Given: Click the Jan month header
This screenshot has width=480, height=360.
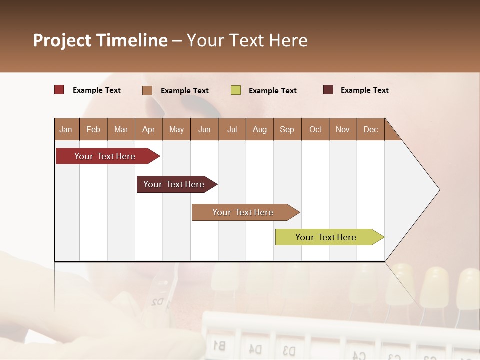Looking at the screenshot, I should (66, 129).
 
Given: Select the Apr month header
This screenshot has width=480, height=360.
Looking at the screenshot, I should (148, 129).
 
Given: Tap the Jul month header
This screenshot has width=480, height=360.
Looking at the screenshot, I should (232, 129).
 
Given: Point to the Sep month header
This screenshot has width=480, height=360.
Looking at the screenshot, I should (287, 129).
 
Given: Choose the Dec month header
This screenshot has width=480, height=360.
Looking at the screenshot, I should (370, 129).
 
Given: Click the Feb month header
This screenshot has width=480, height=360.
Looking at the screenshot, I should (93, 129).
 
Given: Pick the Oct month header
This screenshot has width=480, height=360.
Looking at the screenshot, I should (315, 129).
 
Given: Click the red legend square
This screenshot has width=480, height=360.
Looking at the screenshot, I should (59, 90).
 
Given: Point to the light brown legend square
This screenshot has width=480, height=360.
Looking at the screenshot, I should (147, 90).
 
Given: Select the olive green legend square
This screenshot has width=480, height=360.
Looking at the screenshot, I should (236, 90).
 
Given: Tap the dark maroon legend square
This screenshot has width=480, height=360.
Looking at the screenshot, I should (328, 90).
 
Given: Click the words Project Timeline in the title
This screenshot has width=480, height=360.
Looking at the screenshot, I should (100, 40).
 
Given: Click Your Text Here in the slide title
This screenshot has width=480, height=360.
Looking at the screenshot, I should (247, 40).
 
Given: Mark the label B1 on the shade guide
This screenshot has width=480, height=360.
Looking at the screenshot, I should (219, 345).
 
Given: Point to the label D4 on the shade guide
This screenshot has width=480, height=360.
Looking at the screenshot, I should (255, 348).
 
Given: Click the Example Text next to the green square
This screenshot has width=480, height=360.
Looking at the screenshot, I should (272, 91).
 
